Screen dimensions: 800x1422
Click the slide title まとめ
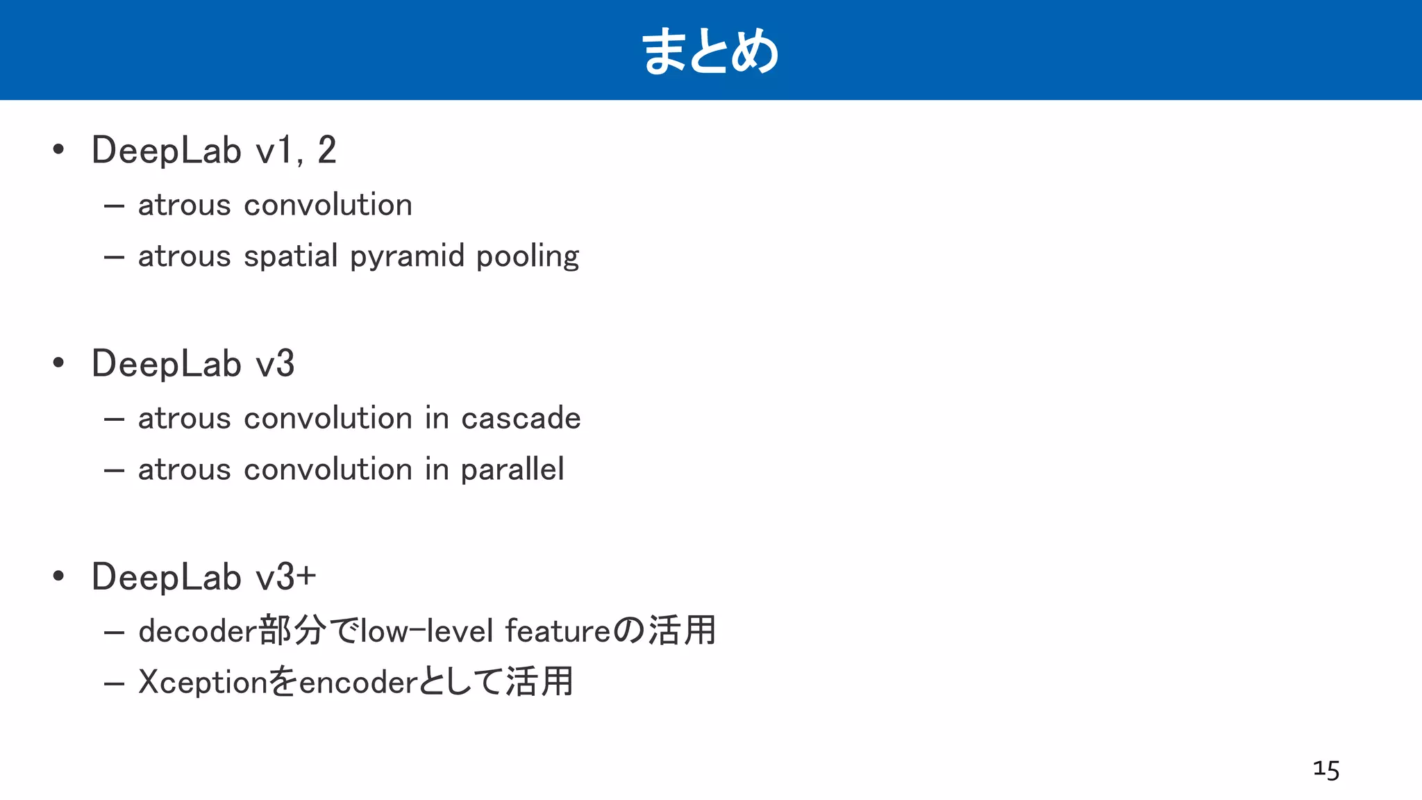(710, 51)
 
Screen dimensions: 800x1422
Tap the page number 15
(1326, 770)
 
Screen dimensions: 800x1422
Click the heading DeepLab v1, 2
(214, 150)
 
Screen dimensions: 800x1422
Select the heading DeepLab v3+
(203, 577)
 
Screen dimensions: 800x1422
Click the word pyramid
(407, 257)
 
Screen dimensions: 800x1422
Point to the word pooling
(528, 257)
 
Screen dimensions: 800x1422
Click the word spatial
(291, 257)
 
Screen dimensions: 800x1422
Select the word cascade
(521, 419)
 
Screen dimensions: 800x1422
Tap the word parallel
(512, 470)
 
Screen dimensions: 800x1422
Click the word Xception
(203, 683)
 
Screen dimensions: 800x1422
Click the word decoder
(198, 631)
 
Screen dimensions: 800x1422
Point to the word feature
(558, 631)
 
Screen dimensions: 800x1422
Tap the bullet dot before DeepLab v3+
(58, 576)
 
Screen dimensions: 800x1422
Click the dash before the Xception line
(114, 684)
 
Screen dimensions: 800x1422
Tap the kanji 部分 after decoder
(292, 631)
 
